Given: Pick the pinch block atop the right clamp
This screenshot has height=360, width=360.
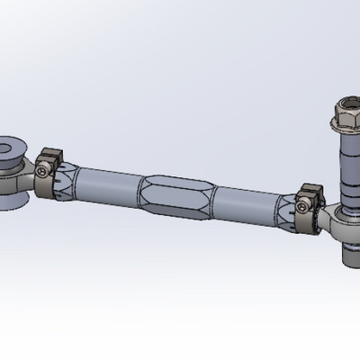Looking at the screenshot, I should [310, 191].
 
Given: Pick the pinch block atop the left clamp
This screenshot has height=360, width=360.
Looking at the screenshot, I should [49, 154].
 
